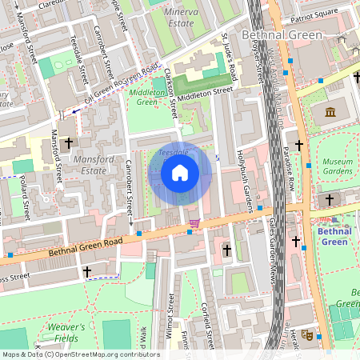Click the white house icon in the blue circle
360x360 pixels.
[x=180, y=173]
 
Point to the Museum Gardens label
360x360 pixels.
[x=337, y=166]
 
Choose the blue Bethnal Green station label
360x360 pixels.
[x=334, y=236]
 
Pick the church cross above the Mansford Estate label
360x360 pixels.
[x=68, y=143]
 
